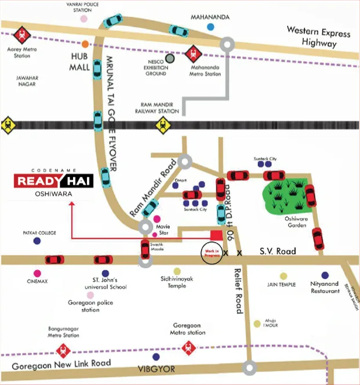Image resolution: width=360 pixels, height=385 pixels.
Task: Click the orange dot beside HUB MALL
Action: pyautogui.click(x=86, y=44)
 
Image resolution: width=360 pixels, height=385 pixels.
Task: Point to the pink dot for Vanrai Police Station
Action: pyautogui.click(x=84, y=19)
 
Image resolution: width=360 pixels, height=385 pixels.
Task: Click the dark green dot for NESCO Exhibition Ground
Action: pyautogui.click(x=170, y=58)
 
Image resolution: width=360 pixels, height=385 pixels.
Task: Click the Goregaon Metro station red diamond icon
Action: pyautogui.click(x=187, y=348)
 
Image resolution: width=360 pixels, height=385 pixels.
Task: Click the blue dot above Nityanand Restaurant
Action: pyautogui.click(x=325, y=275)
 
